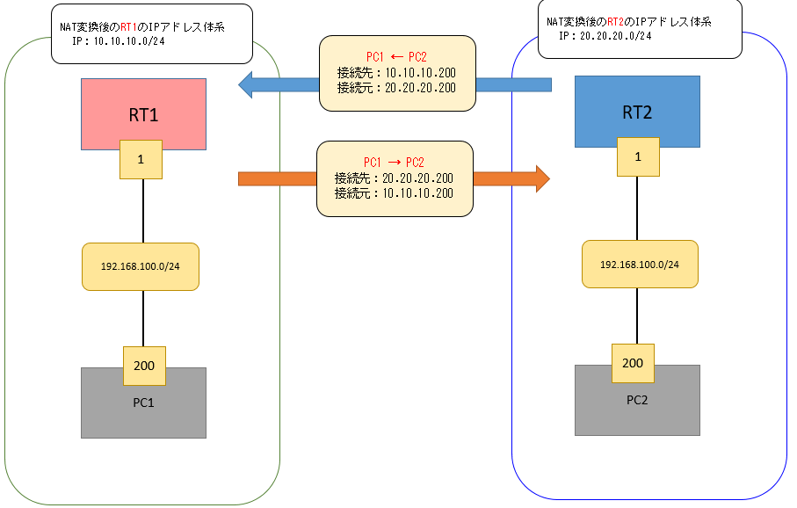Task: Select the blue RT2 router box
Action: (637, 110)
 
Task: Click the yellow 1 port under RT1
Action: (141, 160)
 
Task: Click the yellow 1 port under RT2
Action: (637, 156)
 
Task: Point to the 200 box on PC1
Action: (143, 366)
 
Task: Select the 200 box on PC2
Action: (633, 363)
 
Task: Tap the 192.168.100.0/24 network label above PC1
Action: (141, 266)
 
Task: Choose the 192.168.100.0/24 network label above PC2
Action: (639, 264)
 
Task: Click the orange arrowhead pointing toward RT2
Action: (540, 178)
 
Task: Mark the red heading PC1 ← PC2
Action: (395, 57)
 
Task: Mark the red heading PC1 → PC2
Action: (394, 163)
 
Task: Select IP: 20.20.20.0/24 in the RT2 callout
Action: (605, 37)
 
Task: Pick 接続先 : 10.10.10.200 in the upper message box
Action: (395, 72)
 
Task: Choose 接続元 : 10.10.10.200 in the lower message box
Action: (394, 192)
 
